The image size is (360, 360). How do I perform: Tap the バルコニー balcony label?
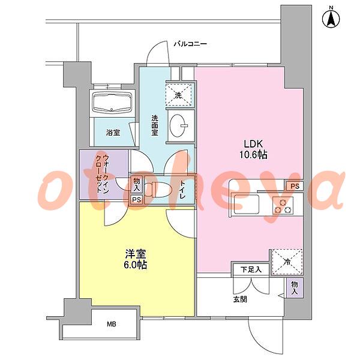tap(190, 44)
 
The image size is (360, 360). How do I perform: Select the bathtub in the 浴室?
tap(112, 103)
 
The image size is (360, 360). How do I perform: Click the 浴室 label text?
tap(113, 133)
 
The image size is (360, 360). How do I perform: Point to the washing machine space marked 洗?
tap(179, 94)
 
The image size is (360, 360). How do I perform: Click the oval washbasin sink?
tap(178, 125)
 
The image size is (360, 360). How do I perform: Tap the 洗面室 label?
tap(155, 125)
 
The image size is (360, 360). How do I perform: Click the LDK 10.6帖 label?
tap(253, 149)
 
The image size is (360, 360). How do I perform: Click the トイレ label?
tap(182, 190)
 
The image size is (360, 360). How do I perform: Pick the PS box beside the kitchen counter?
tap(295, 186)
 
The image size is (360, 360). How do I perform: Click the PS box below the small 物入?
tap(136, 200)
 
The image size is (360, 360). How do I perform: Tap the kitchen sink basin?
tap(246, 204)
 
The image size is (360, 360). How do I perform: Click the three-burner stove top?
tap(283, 206)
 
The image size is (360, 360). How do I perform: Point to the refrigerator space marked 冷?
tap(287, 262)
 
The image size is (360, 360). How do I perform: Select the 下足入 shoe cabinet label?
tap(251, 269)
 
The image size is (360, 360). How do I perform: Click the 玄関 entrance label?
tap(240, 299)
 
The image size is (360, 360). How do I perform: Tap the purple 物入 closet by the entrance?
tap(295, 287)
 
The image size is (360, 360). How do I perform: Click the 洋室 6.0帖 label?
tap(136, 259)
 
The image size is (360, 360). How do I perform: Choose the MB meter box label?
tap(112, 324)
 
